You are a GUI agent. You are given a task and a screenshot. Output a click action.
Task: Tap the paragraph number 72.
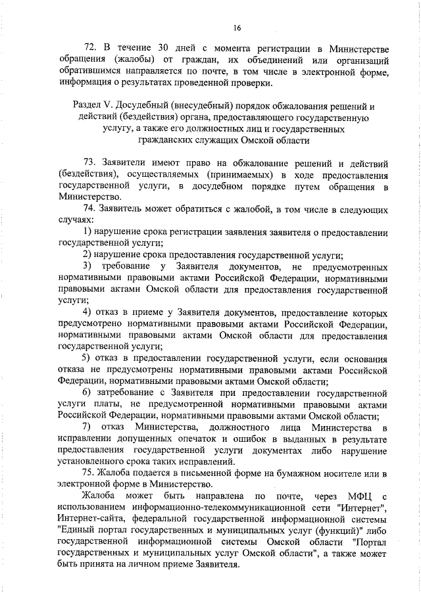[91, 50]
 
